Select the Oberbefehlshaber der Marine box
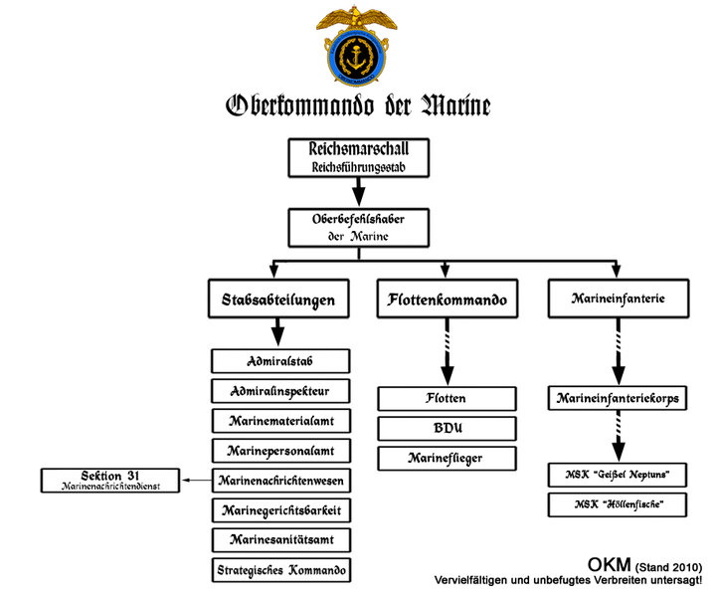click(x=358, y=228)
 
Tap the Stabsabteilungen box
click(x=278, y=299)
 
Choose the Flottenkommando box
click(x=447, y=299)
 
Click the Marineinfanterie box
click(x=618, y=298)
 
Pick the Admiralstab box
click(x=281, y=360)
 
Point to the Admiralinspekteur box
click(x=281, y=390)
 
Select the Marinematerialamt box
click(x=281, y=421)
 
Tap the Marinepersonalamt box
click(x=281, y=451)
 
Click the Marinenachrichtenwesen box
click(x=281, y=481)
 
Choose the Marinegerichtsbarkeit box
click(x=281, y=511)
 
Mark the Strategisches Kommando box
click(x=281, y=571)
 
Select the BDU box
click(x=447, y=429)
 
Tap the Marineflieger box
click(x=447, y=459)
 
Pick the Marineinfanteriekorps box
click(x=618, y=399)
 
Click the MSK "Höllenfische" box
click(x=618, y=505)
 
